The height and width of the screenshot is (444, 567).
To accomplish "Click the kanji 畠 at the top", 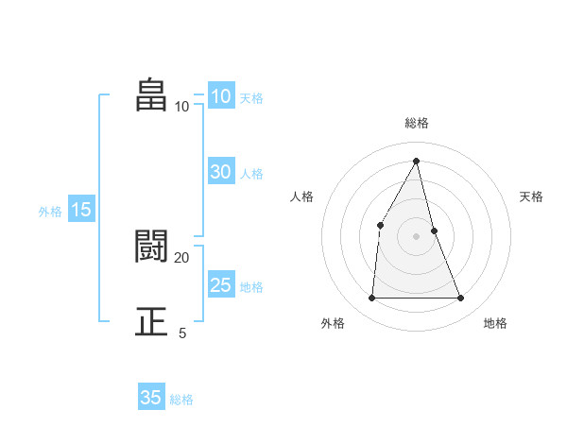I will (x=150, y=95).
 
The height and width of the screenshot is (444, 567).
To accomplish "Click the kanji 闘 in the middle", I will (x=150, y=247).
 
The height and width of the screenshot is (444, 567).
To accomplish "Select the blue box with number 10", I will (x=221, y=96).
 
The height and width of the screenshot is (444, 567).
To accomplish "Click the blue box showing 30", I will (x=221, y=172).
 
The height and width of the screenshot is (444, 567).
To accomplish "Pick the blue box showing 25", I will (x=221, y=285).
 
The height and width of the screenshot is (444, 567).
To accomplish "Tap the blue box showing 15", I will (x=81, y=210).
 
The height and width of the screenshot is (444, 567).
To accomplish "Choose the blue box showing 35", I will (x=151, y=398).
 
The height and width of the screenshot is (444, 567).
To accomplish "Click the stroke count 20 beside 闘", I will (x=181, y=257).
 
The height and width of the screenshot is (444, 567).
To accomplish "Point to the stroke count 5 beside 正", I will (x=182, y=333).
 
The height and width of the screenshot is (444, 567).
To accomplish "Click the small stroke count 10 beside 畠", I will (x=181, y=106).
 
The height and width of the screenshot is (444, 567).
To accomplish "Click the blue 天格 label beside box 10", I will (x=251, y=98).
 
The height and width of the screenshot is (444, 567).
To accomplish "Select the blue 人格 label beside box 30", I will (x=251, y=174).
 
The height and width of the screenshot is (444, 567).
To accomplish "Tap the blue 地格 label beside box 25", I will (x=251, y=287).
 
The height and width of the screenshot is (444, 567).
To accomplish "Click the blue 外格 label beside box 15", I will (x=50, y=212).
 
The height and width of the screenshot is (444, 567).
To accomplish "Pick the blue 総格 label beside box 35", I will (x=181, y=400).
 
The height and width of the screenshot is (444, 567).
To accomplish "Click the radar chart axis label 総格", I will (x=417, y=123).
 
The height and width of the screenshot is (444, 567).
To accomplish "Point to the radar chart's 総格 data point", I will (x=417, y=161).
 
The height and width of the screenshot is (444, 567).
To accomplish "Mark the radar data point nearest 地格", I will (x=461, y=299).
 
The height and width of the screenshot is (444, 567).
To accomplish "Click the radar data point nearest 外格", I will (x=371, y=299).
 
